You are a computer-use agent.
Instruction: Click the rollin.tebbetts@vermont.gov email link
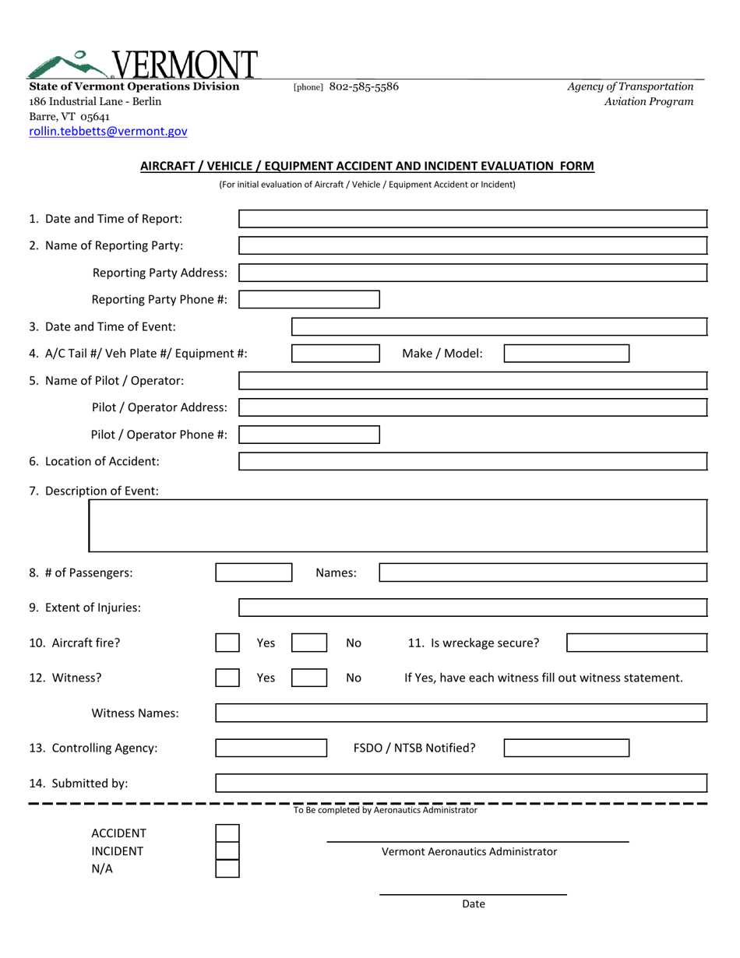tap(107, 132)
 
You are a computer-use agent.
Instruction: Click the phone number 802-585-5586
tap(364, 87)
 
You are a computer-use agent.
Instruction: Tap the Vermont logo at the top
tap(143, 65)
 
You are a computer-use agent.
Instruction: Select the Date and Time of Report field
tap(472, 219)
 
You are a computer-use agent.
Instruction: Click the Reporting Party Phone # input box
tap(308, 300)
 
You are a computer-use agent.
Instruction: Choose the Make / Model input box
tap(566, 354)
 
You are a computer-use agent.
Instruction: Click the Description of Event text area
tap(398, 526)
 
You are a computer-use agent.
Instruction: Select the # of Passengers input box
tap(253, 573)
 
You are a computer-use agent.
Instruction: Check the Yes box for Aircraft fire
tap(227, 643)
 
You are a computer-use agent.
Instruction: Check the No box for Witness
tap(309, 678)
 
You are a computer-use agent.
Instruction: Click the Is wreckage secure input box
tap(636, 643)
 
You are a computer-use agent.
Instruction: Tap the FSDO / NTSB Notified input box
tap(566, 748)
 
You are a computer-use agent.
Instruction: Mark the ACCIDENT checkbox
tap(227, 834)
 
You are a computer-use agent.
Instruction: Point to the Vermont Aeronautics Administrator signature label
tap(469, 852)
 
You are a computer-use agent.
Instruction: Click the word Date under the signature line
tap(474, 904)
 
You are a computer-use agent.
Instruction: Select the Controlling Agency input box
tap(271, 748)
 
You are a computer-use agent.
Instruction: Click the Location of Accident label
tap(94, 461)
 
